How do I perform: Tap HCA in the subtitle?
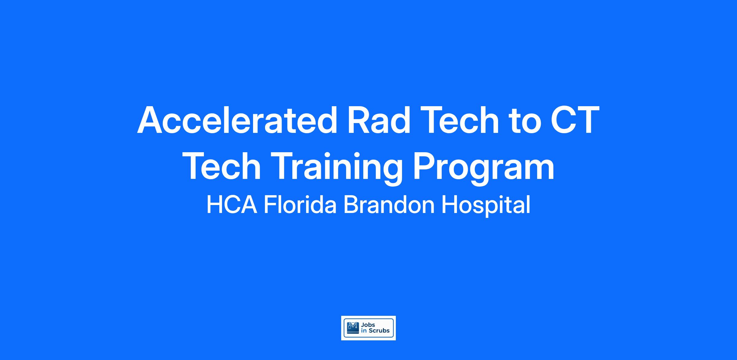click(232, 205)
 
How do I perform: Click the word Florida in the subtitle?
click(300, 205)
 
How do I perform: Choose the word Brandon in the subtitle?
click(389, 205)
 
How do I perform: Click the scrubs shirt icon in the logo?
click(353, 328)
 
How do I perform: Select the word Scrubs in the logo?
click(379, 331)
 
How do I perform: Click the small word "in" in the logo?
click(364, 331)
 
